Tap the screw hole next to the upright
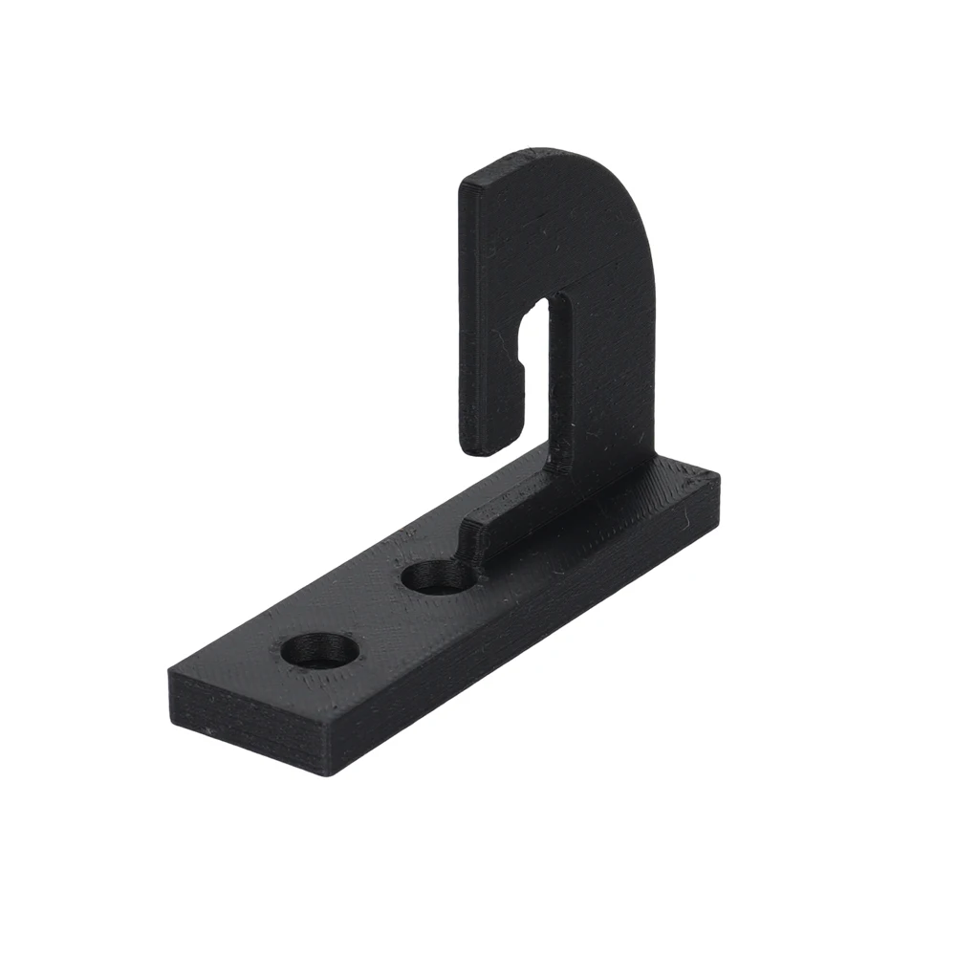438,577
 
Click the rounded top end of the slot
542,308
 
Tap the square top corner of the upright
464,182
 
